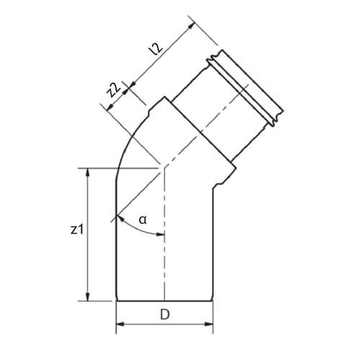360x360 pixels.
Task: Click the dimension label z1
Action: tap(77, 230)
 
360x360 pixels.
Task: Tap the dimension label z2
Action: tap(114, 90)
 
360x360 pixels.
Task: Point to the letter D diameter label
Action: tap(165, 315)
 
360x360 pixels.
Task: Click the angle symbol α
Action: tap(143, 220)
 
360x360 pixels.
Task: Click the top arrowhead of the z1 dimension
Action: tap(88, 172)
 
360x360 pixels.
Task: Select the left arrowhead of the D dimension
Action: tap(120, 325)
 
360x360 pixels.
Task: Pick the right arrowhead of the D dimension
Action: tap(209, 325)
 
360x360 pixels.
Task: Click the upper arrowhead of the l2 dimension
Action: tap(191, 26)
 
